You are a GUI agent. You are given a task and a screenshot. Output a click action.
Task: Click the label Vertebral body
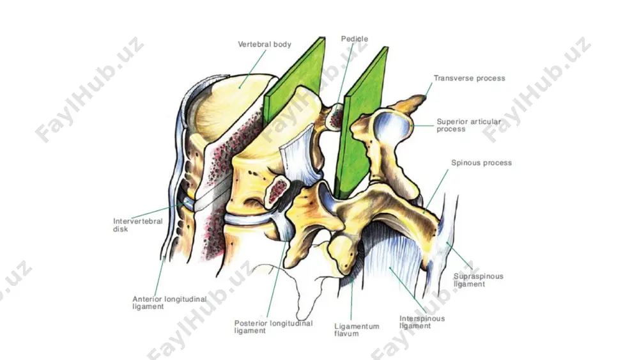click(x=265, y=44)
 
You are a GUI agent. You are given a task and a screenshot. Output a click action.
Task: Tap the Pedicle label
click(x=355, y=39)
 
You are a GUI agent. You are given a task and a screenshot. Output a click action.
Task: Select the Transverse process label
click(x=469, y=78)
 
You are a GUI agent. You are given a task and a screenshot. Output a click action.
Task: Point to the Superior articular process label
click(x=468, y=125)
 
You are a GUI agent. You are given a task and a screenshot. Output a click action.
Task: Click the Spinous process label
click(x=481, y=162)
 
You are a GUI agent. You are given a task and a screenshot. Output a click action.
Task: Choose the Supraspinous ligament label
click(x=479, y=280)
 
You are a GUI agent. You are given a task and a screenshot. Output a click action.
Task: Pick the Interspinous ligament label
click(x=422, y=322)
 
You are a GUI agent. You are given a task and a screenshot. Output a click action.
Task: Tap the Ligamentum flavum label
click(x=357, y=330)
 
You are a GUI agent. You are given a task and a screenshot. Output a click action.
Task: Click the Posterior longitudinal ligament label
click(x=273, y=327)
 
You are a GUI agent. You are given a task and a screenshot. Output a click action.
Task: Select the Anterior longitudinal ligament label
click(x=169, y=302)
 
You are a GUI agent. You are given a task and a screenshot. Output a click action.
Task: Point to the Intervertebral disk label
click(x=138, y=225)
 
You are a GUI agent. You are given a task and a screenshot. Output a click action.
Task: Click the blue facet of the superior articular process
click(x=390, y=124)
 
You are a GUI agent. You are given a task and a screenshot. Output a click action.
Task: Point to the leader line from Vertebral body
click(x=253, y=69)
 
